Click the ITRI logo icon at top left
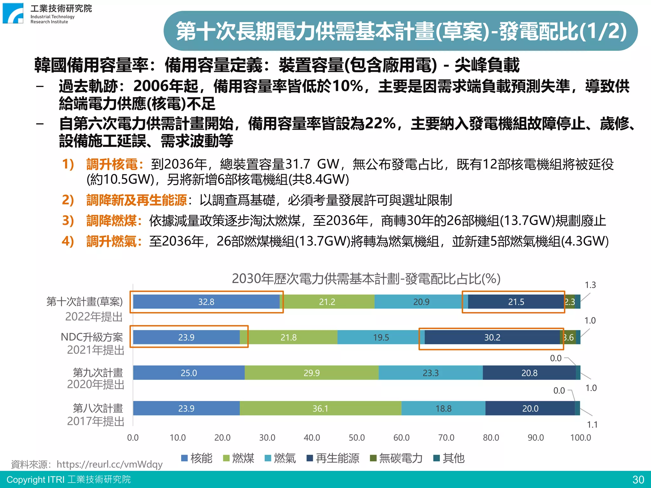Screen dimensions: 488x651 [13, 13]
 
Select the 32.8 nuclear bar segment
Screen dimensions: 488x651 [206, 302]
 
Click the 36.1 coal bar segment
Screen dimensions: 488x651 [320, 408]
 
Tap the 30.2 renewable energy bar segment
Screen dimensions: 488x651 [492, 337]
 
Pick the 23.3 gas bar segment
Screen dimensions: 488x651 [430, 373]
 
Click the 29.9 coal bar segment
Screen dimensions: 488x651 [312, 373]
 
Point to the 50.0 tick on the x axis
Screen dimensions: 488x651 [357, 437]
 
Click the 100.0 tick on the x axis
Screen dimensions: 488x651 [580, 437]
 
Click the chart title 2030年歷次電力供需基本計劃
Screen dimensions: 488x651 [366, 279]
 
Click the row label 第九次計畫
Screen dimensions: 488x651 [98, 372]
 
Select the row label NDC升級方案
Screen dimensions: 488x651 [92, 337]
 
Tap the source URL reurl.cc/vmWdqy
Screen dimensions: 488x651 [109, 464]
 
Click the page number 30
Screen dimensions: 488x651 [638, 479]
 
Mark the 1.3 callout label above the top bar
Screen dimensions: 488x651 [590, 285]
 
